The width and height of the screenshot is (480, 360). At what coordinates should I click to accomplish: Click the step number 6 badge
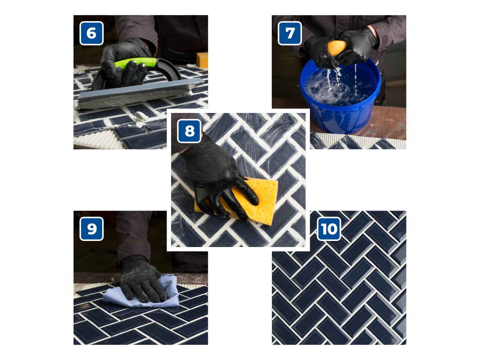click(x=91, y=33)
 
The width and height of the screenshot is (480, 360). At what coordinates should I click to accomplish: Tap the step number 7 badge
click(x=290, y=33)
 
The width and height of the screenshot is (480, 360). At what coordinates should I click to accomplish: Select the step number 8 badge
click(x=189, y=131)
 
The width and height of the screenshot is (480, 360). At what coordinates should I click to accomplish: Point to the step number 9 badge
click(x=91, y=229)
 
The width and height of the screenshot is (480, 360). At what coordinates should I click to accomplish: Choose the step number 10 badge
click(x=329, y=229)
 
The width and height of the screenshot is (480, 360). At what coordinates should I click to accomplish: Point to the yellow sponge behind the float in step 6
click(x=202, y=60)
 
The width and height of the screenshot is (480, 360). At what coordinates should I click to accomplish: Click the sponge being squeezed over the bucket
click(x=336, y=48)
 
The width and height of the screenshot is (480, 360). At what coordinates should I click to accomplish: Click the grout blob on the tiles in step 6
click(x=141, y=116)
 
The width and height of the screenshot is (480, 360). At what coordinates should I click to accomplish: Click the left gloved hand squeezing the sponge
click(x=318, y=51)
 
